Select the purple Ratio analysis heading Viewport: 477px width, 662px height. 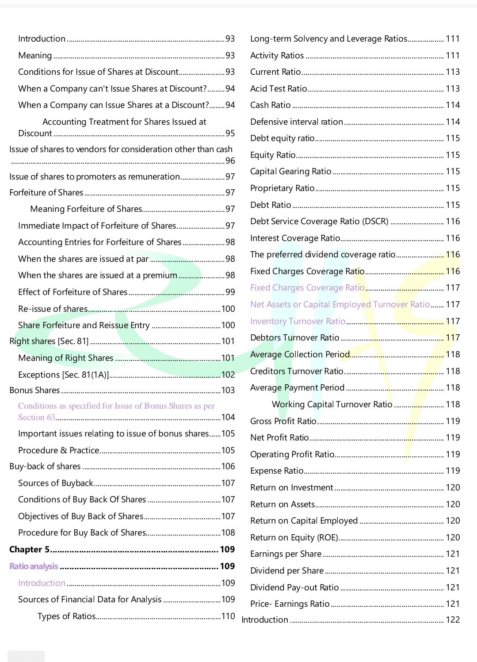(x=34, y=566)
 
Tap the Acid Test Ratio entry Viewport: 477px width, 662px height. (x=279, y=88)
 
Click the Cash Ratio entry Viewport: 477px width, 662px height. (x=270, y=105)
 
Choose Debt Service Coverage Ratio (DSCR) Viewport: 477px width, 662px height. (x=319, y=221)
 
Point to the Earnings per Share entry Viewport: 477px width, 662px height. (x=286, y=554)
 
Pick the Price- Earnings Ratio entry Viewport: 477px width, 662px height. (x=290, y=604)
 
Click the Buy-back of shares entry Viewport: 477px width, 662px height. (x=45, y=466)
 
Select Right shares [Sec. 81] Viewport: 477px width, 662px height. (x=49, y=341)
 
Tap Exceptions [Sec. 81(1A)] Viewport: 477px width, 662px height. (x=63, y=375)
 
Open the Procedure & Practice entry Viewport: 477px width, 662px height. (x=58, y=450)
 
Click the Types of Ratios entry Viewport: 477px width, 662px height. (x=66, y=616)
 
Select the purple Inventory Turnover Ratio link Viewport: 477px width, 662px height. (x=298, y=321)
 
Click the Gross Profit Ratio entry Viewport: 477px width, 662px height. (x=283, y=421)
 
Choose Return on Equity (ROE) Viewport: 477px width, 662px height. (x=294, y=537)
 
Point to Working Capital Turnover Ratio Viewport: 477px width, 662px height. (x=332, y=404)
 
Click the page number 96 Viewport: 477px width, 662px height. (x=230, y=161)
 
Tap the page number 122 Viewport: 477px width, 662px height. (x=453, y=620)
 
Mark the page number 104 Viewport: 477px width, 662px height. (x=228, y=417)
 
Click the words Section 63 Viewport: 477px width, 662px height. (x=36, y=417)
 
